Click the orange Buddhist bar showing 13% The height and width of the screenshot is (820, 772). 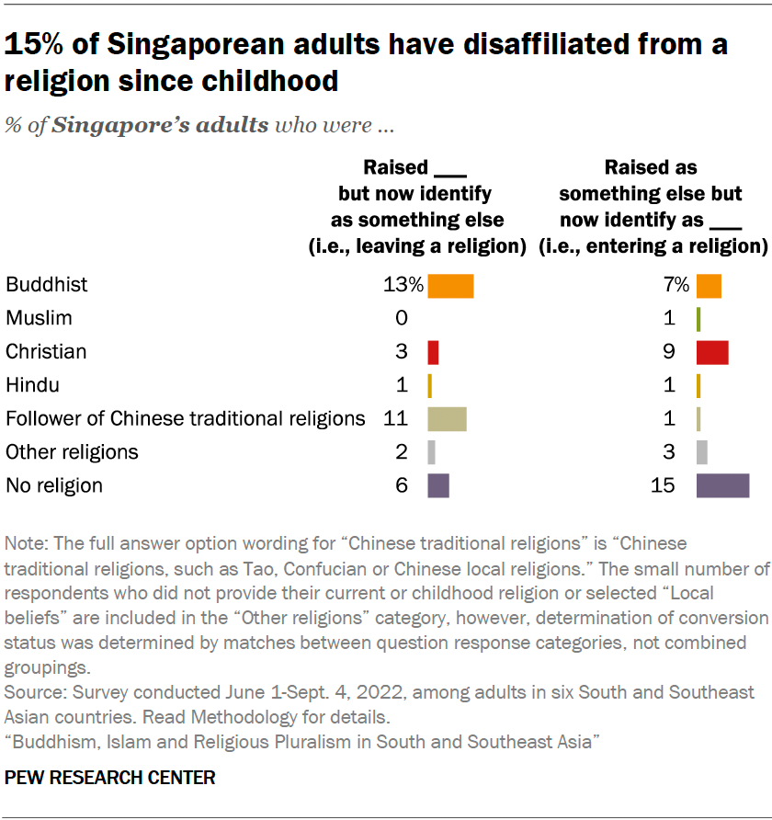450,286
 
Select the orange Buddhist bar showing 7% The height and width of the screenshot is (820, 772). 709,286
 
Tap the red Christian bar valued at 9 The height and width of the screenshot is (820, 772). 712,352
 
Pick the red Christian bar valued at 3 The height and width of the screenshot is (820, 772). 433,352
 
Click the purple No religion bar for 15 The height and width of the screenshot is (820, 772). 722,485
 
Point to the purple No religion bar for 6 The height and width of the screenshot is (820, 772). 438,485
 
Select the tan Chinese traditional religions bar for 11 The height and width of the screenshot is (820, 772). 447,419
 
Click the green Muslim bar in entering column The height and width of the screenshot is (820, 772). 698,319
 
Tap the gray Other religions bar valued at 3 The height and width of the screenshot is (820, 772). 702,452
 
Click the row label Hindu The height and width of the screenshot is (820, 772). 32,385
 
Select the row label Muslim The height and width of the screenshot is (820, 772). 39,318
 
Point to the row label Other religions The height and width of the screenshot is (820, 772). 72,451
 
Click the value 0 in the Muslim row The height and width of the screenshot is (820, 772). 401,318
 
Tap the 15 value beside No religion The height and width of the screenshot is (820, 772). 663,484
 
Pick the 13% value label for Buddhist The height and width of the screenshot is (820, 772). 403,285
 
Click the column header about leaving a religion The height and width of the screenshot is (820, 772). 415,207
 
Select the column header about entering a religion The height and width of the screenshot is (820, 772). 652,207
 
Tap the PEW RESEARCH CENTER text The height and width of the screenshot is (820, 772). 110,778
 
